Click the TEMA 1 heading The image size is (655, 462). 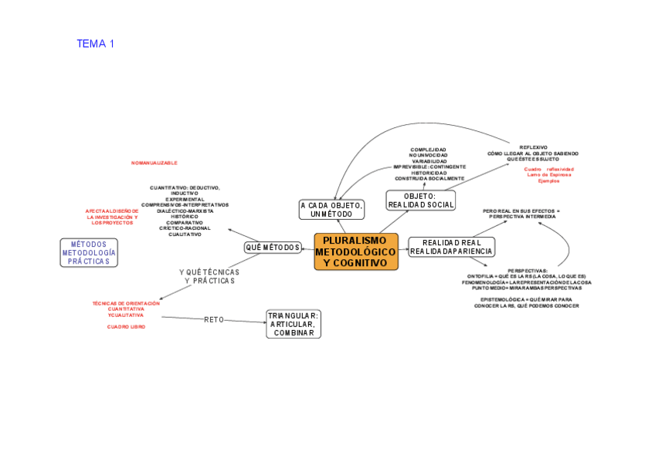95,44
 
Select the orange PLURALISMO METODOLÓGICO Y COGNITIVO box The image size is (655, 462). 356,252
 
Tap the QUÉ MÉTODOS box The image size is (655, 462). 273,247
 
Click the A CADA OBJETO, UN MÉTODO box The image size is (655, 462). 332,209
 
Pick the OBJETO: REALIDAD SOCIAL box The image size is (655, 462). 420,201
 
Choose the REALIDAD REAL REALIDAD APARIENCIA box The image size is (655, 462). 451,247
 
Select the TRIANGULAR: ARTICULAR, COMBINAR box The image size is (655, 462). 294,324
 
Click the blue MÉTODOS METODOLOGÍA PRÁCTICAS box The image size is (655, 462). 89,253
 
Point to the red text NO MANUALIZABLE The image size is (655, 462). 154,164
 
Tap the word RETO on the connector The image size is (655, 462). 214,319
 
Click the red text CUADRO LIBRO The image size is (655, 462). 126,327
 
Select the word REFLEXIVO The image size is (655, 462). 534,147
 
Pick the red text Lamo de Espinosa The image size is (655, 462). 549,174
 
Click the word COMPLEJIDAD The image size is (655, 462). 429,150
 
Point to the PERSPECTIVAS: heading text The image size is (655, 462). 528,271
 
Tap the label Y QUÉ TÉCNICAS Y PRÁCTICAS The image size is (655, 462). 209,276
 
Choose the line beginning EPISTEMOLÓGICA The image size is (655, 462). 526,299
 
